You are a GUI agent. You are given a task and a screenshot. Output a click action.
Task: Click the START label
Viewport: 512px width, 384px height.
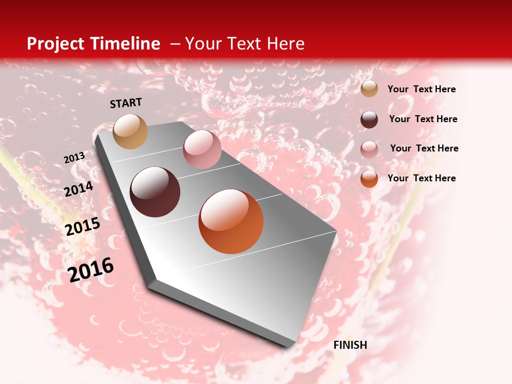coord(126,103)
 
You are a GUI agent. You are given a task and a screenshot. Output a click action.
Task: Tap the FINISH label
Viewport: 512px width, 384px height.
coord(350,345)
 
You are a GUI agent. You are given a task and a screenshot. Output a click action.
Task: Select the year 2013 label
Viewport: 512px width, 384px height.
coord(74,158)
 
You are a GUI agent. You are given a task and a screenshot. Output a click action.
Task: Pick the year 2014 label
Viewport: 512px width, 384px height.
coord(78,189)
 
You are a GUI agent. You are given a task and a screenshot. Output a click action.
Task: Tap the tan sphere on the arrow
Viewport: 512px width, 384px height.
coord(130,131)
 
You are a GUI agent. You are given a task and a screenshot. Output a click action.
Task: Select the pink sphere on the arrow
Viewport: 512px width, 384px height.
coord(202,149)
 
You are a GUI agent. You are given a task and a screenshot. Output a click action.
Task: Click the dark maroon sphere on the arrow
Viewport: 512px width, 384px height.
coord(155,192)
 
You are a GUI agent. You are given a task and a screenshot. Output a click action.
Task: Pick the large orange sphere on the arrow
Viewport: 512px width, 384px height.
coord(231,221)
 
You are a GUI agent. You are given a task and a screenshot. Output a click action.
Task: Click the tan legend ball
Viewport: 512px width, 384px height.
coord(369,89)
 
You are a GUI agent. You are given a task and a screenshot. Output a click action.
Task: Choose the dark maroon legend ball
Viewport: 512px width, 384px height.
coord(369,119)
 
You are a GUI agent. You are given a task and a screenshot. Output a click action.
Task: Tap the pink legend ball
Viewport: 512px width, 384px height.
coord(369,149)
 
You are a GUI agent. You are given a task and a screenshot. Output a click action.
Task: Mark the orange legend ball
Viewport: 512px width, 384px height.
coord(369,179)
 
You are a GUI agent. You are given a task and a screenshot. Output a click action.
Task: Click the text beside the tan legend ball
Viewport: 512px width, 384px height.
coord(421,89)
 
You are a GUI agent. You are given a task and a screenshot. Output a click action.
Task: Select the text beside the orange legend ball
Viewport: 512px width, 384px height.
coord(421,178)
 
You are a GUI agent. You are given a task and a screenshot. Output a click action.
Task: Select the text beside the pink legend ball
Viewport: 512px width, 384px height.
coord(424,148)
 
